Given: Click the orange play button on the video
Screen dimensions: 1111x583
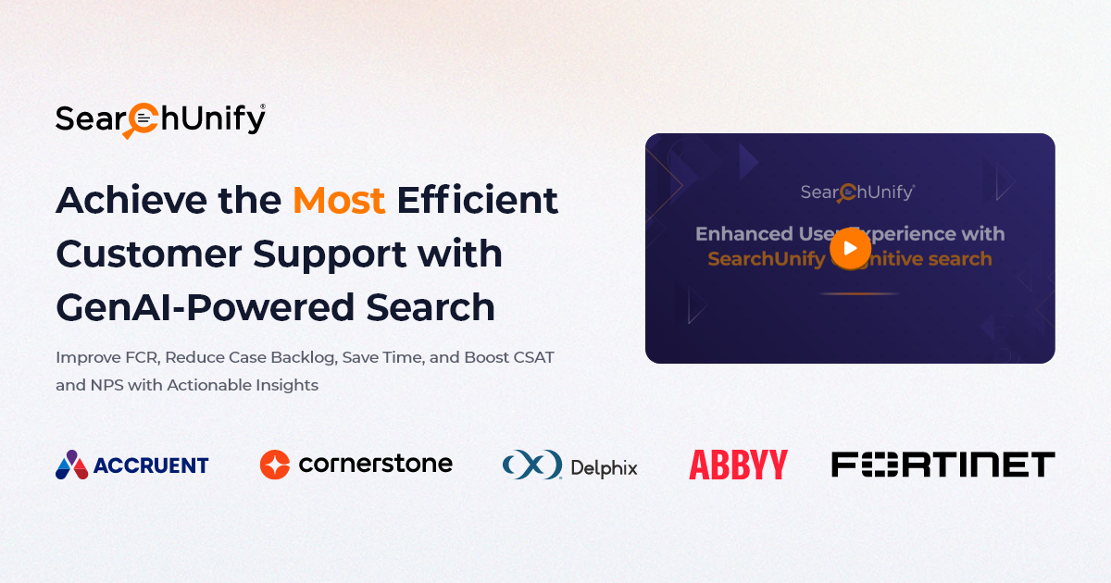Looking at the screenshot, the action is tap(850, 248).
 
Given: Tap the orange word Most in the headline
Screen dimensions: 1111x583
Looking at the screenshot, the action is tap(339, 200).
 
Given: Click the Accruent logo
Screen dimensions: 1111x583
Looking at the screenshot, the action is tap(131, 465).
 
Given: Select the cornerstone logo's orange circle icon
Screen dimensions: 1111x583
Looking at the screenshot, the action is tap(275, 465).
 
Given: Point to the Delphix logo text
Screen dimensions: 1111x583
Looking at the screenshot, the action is tap(604, 468).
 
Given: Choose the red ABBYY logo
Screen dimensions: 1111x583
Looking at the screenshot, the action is tap(738, 465).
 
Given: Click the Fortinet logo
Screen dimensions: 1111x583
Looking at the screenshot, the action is tap(942, 464).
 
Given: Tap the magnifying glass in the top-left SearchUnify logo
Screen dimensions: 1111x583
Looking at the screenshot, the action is tap(141, 120).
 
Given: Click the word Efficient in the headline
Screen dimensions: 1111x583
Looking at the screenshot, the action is tap(477, 200).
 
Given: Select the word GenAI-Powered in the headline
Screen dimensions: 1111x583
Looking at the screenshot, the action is tap(205, 307).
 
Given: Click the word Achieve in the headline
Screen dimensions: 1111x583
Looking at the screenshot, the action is tap(131, 200).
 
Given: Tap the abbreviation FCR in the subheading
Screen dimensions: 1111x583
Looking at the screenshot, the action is tap(143, 357).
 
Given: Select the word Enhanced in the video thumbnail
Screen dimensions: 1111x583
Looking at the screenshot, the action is tap(744, 233).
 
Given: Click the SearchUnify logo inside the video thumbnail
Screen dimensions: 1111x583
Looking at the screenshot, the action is tap(857, 192).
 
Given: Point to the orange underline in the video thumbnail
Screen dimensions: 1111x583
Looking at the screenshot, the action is tap(858, 294).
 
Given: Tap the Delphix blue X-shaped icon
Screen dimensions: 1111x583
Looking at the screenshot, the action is tap(532, 465).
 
